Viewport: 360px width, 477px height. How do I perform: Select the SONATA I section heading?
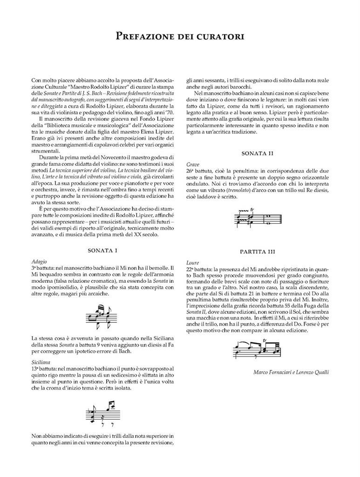coord(102,251)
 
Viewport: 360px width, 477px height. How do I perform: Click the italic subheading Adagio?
coord(40,261)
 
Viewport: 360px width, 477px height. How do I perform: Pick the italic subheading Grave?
coord(192,165)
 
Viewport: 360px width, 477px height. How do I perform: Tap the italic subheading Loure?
coord(192,263)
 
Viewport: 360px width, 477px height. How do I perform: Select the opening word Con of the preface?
coord(37,80)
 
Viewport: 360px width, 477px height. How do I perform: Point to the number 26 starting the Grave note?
coord(190,171)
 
